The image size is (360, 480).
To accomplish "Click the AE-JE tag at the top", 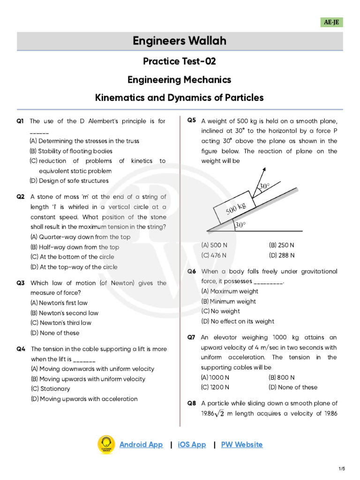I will click(x=331, y=22).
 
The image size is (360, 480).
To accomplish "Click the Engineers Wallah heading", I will click(x=180, y=41).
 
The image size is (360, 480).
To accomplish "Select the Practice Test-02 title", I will click(x=180, y=61).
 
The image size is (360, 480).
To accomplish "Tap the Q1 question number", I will click(x=20, y=121).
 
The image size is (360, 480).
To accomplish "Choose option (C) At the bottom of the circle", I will click(x=72, y=257).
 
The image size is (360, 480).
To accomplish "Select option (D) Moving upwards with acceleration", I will click(x=84, y=399).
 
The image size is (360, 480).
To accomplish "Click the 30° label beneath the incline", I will click(x=240, y=225).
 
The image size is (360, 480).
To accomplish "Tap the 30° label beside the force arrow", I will click(x=264, y=186).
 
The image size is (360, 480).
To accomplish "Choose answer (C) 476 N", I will click(x=214, y=255).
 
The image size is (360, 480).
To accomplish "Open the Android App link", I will click(x=141, y=444).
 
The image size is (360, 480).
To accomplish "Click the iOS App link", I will click(x=192, y=444).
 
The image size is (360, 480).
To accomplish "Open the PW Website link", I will click(x=242, y=444).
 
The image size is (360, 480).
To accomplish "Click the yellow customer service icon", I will click(x=106, y=444).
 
